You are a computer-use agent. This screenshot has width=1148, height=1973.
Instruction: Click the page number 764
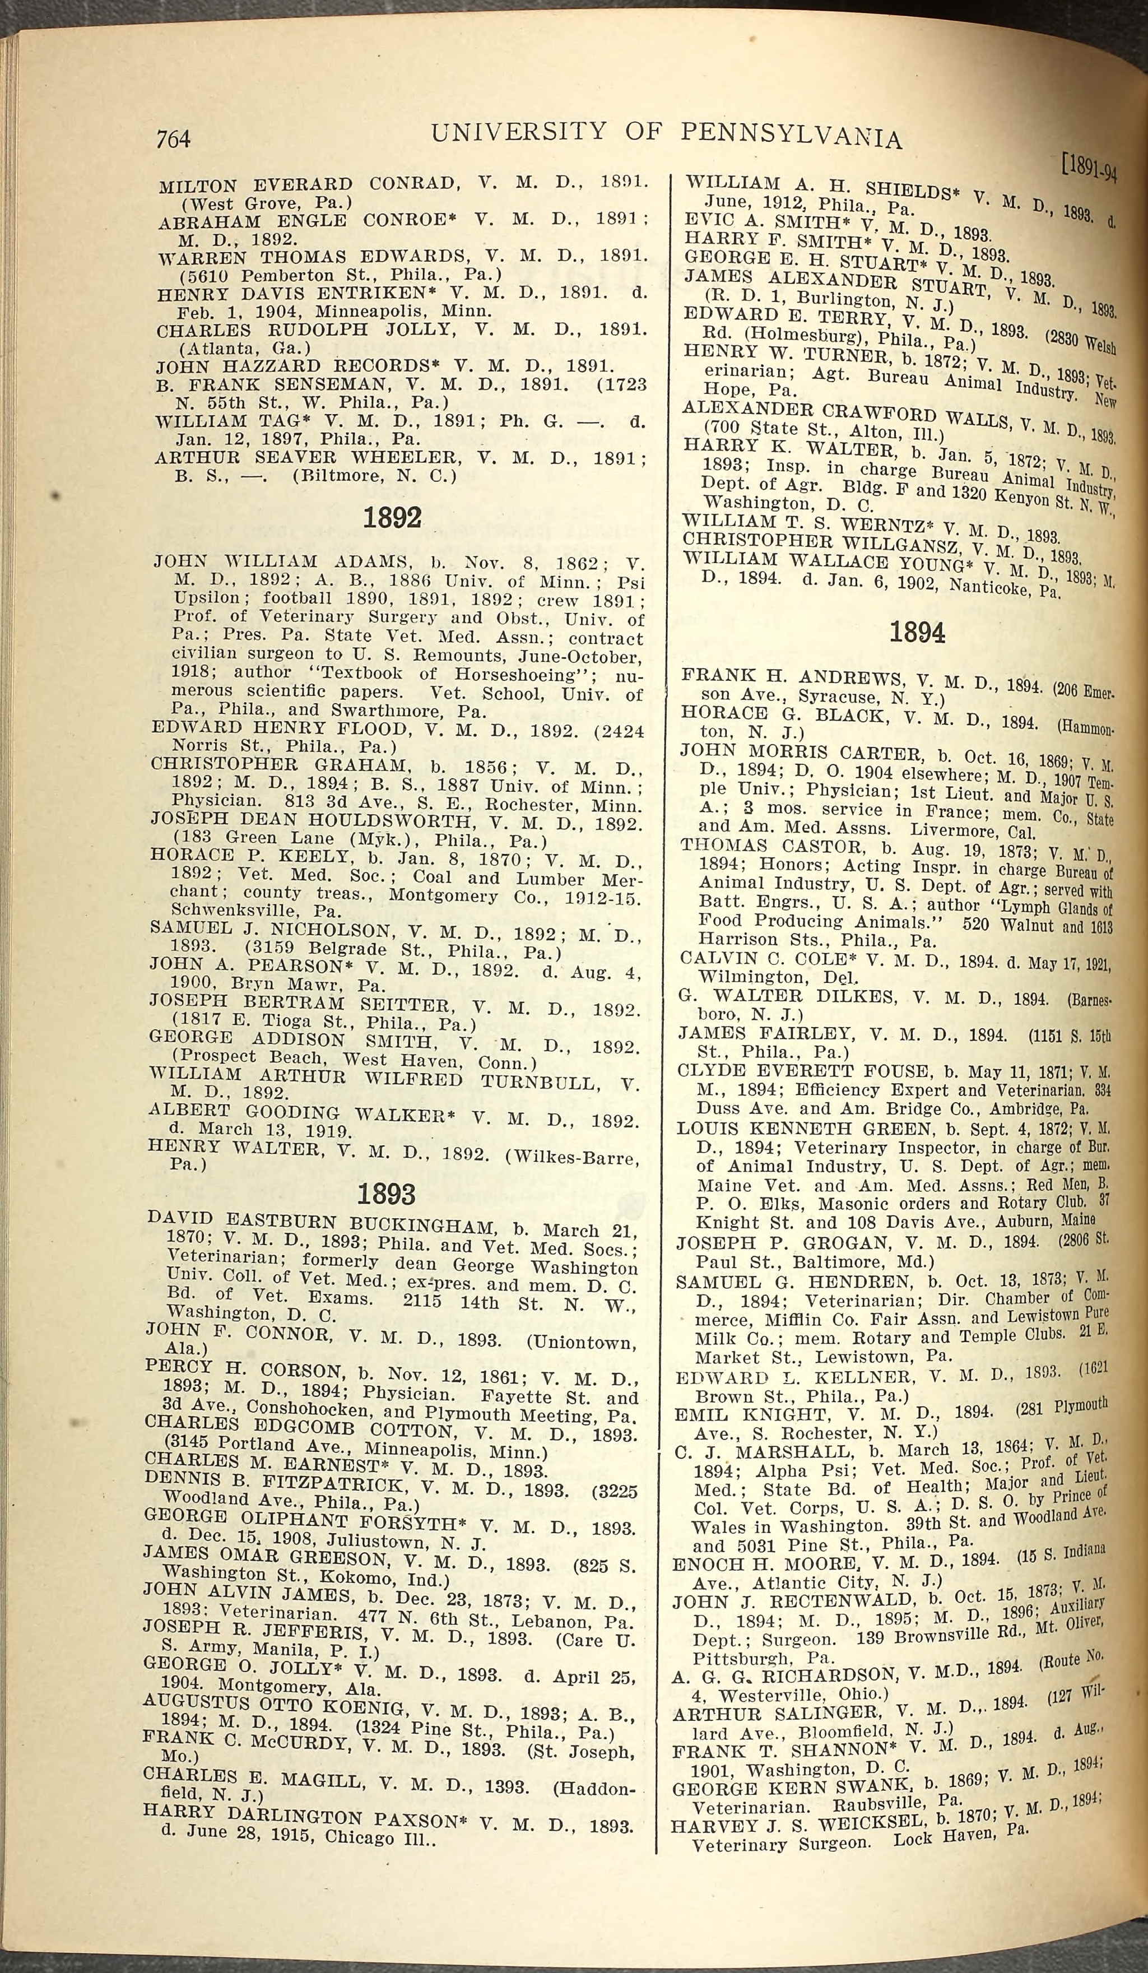[173, 138]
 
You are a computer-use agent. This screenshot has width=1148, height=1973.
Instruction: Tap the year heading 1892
[392, 518]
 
